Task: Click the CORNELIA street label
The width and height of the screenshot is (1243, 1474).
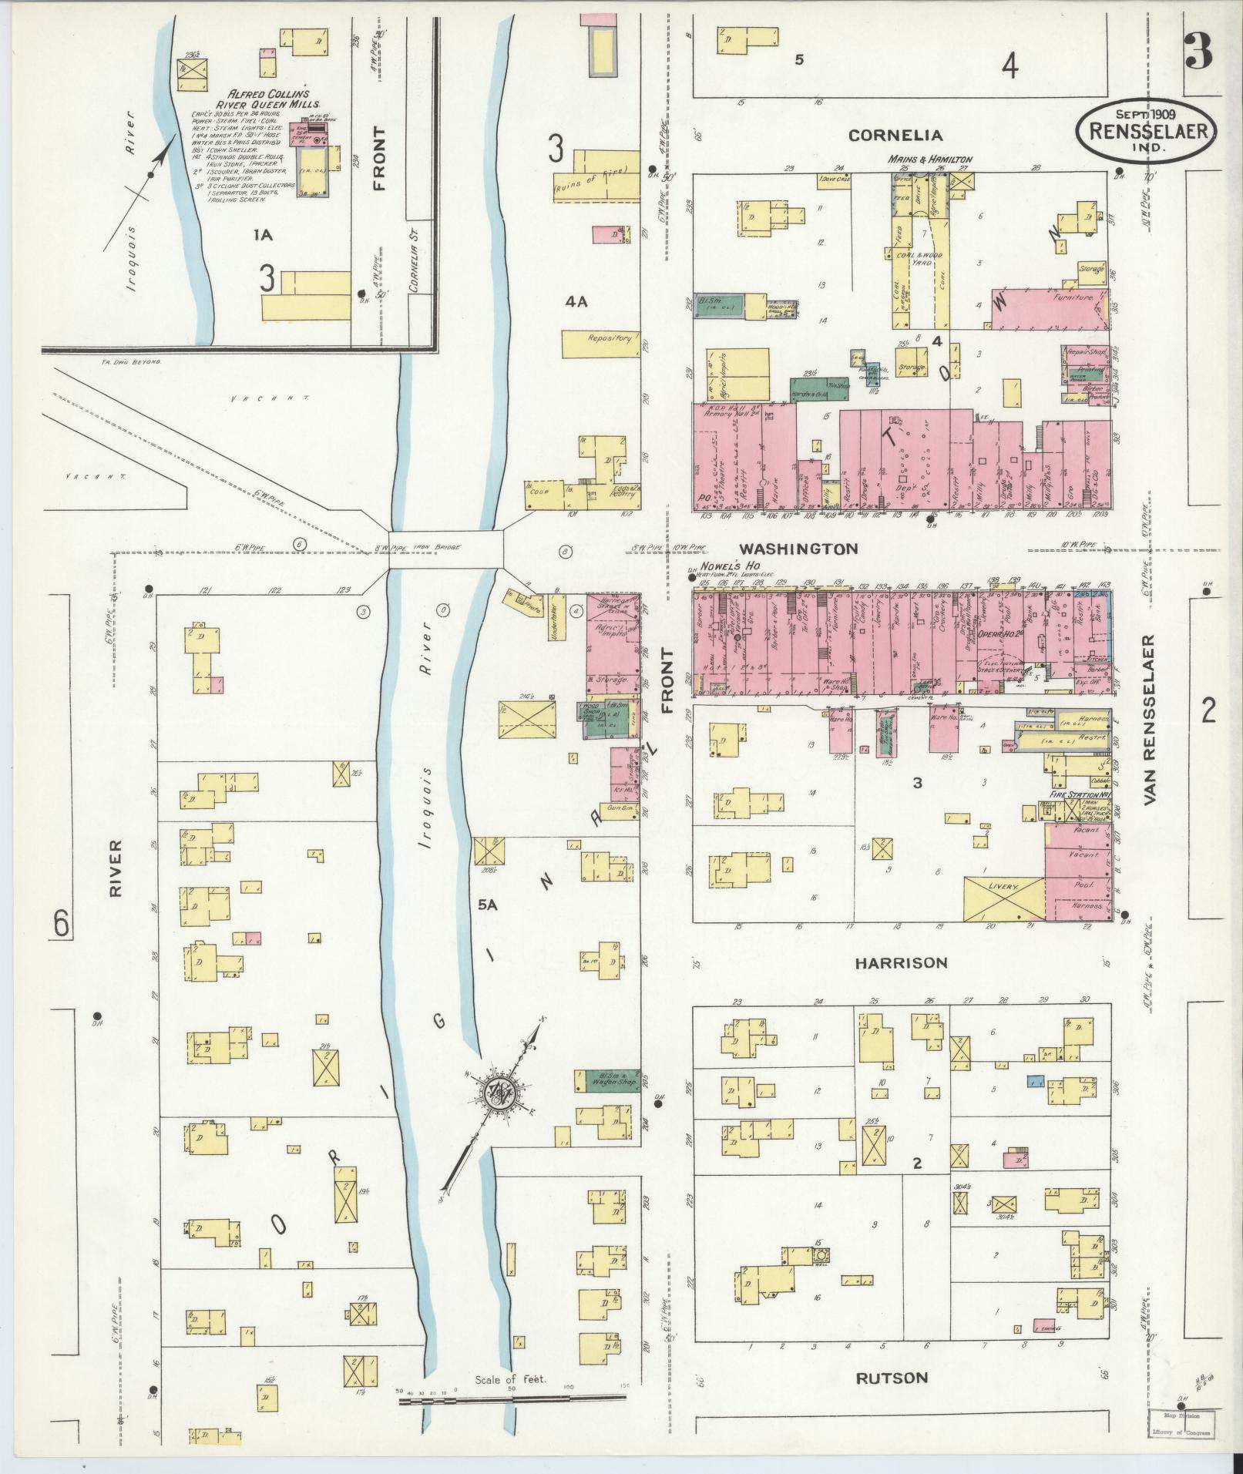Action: pyautogui.click(x=895, y=136)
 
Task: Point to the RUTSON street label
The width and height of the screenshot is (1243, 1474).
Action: pyautogui.click(x=892, y=1378)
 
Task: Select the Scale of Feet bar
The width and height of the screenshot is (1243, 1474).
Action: pyautogui.click(x=512, y=1399)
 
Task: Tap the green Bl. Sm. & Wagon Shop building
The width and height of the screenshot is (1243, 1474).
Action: pyautogui.click(x=607, y=1079)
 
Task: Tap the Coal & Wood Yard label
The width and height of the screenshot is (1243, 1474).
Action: pyautogui.click(x=918, y=258)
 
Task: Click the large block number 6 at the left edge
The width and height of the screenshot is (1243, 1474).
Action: pyautogui.click(x=62, y=922)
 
